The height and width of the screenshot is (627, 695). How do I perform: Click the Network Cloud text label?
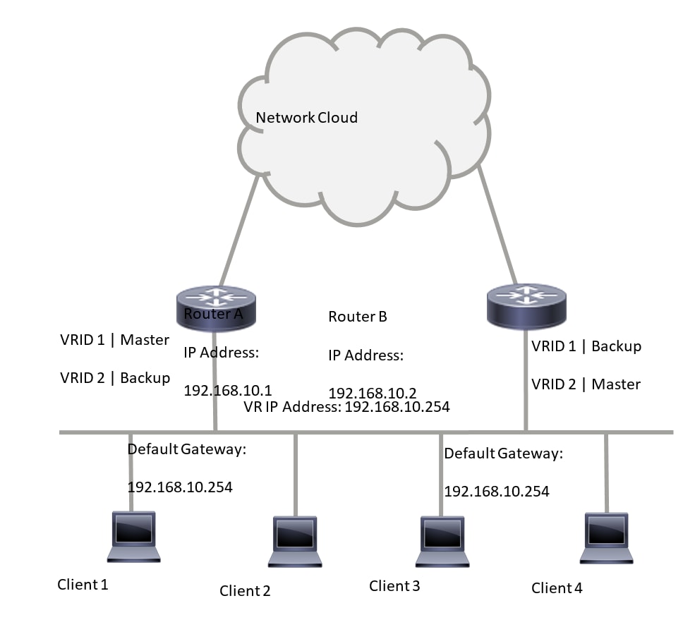[306, 118]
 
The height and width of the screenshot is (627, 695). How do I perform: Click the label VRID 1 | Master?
[115, 340]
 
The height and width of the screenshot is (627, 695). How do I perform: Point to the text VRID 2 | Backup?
[115, 378]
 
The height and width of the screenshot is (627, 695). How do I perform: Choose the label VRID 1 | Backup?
[586, 346]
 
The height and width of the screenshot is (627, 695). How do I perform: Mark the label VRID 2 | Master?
[586, 384]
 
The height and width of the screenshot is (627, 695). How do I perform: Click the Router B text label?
[358, 317]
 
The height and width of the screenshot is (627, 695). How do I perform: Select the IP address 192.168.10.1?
[228, 390]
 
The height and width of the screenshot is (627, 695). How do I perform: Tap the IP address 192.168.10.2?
[373, 392]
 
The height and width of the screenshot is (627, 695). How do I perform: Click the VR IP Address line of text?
[346, 407]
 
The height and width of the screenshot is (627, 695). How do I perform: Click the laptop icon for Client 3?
[442, 541]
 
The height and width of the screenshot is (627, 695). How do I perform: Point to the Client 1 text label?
[83, 585]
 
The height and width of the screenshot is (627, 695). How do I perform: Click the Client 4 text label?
[557, 588]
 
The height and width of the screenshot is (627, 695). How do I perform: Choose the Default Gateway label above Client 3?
[503, 454]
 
